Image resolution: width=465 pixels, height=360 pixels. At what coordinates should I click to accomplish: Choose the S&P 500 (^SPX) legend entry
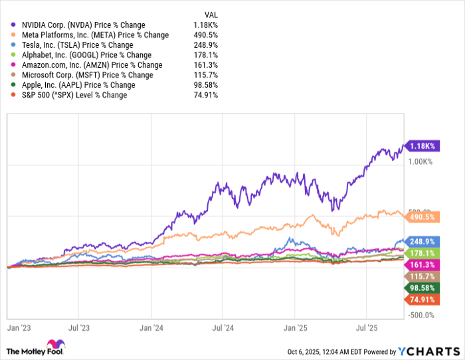coord(74,95)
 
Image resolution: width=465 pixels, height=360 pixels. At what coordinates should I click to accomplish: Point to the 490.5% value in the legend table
coord(205,35)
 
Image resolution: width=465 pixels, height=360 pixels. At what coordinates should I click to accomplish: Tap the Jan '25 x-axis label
coord(294,327)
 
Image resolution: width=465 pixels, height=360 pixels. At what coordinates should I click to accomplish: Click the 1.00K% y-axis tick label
coord(420,161)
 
